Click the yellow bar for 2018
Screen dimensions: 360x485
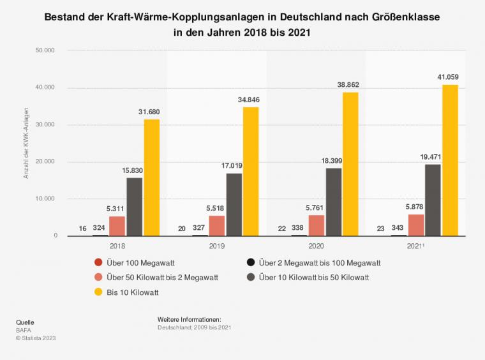coord(152,177)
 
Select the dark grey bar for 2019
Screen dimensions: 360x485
coord(234,204)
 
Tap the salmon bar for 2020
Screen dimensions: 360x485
coord(317,225)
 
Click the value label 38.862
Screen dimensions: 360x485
coord(350,83)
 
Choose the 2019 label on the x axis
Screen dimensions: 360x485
coord(217,245)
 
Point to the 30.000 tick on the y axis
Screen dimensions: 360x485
coord(47,124)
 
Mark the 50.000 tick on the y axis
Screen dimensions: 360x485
coord(47,50)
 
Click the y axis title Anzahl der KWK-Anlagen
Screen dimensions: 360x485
coord(26,143)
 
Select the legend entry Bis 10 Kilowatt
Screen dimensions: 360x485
coord(133,292)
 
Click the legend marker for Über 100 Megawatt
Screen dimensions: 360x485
coord(98,262)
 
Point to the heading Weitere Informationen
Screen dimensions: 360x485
coord(189,319)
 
